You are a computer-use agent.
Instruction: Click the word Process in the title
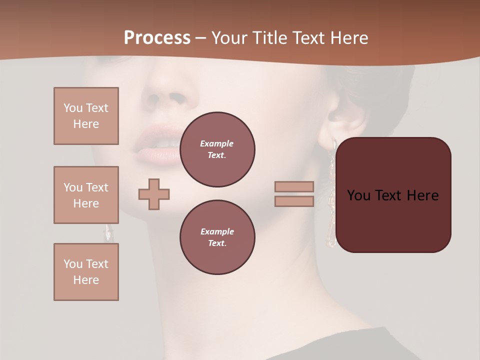click(x=157, y=38)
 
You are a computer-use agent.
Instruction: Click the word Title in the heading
click(x=268, y=38)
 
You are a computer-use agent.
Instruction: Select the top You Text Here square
click(x=86, y=116)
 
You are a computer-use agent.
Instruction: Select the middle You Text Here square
click(x=86, y=195)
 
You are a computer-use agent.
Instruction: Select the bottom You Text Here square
click(x=86, y=272)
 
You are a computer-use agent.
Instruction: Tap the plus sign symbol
click(x=154, y=194)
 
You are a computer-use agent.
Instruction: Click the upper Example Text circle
click(x=217, y=149)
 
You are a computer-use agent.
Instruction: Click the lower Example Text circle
click(x=217, y=237)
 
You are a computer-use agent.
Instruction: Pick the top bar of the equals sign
click(x=294, y=186)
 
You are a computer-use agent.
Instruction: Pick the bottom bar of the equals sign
click(x=294, y=201)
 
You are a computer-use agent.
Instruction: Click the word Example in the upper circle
click(x=216, y=143)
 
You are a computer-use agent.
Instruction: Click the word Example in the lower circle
click(x=217, y=231)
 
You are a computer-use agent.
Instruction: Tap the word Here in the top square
click(x=86, y=124)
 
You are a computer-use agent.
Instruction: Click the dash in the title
click(x=201, y=38)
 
